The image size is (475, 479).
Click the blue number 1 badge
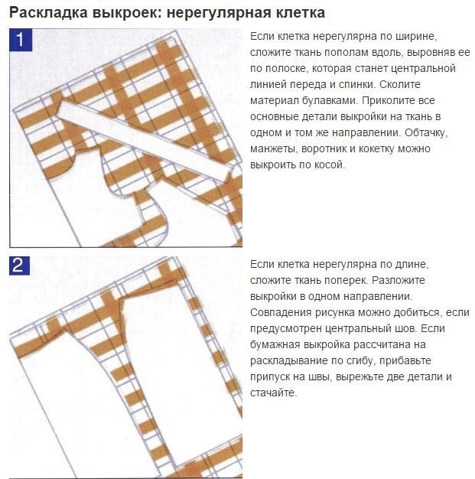pos(21,40)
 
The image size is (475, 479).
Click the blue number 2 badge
pos(20,266)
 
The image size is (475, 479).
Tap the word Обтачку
pos(426,133)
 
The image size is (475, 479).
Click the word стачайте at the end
pos(273,393)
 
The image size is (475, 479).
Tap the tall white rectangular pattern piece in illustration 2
pos(181,376)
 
